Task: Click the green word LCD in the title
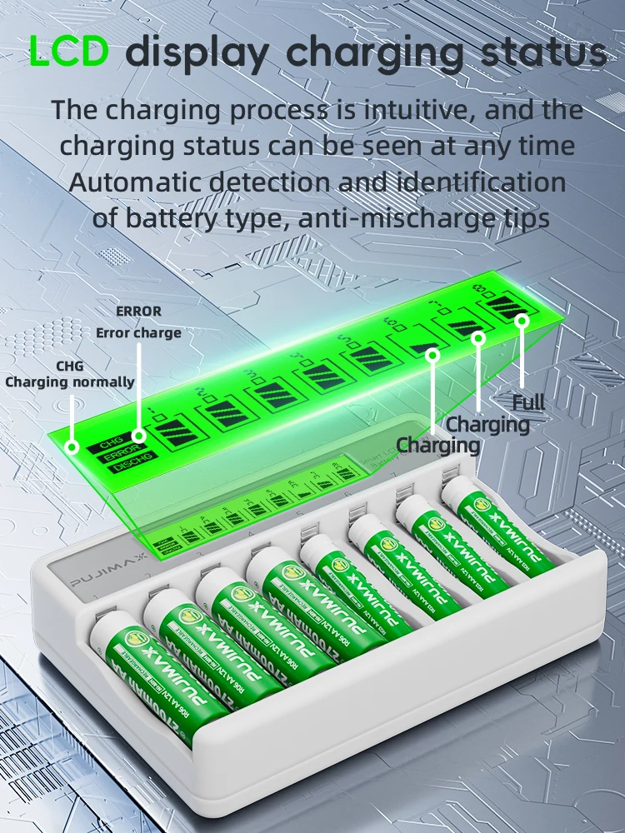coord(69,52)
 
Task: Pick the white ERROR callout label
coord(138,311)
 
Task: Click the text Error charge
coord(138,332)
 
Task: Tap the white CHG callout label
coord(69,365)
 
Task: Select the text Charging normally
coord(70,382)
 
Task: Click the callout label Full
coord(528,402)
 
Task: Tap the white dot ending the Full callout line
coord(522,320)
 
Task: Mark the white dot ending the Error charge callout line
coord(139,435)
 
